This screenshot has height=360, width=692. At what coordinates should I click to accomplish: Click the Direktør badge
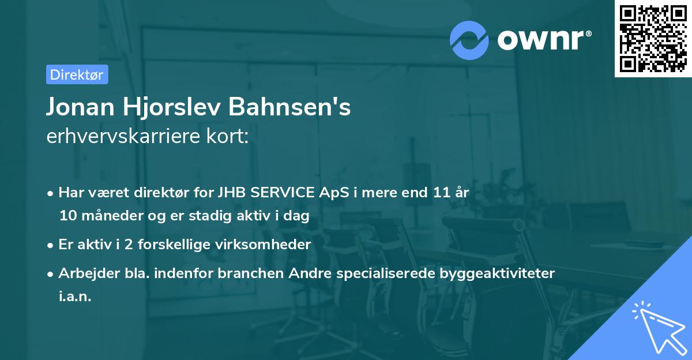pyautogui.click(x=77, y=74)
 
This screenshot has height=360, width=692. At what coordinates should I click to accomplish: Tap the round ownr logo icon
pyautogui.click(x=470, y=40)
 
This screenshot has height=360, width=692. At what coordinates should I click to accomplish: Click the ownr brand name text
pyautogui.click(x=543, y=39)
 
